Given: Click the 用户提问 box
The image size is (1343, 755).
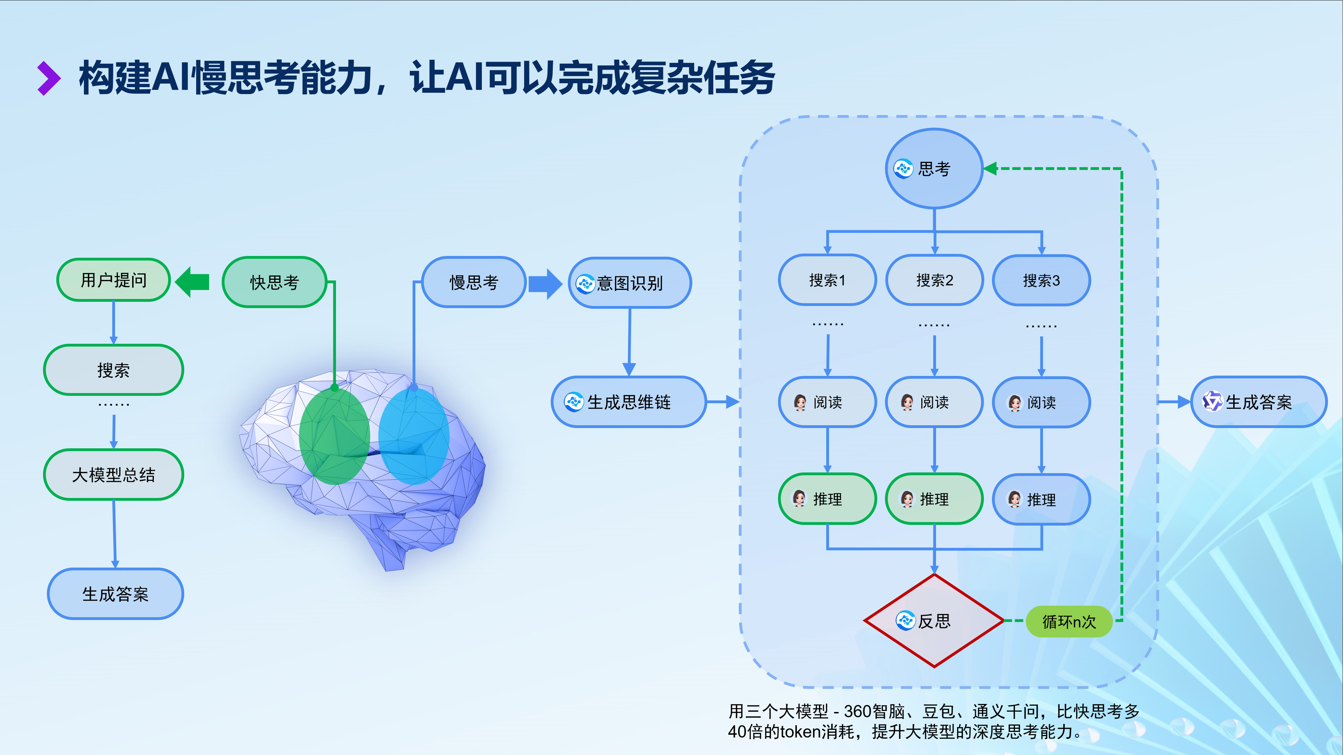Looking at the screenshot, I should pos(113,280).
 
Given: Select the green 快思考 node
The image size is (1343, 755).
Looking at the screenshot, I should pos(274,282).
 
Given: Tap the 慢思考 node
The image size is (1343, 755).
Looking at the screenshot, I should pos(473,282).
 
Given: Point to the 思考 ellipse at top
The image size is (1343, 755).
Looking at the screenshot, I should pos(934,169).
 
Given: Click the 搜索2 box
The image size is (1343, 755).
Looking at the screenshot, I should pos(934,280).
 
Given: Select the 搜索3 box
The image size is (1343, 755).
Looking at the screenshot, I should pos(1041,280).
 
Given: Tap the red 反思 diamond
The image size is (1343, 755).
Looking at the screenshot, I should pos(934,620).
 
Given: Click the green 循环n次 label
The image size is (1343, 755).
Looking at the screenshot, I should pos(1069,621).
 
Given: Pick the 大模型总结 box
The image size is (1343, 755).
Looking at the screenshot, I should pos(113,475).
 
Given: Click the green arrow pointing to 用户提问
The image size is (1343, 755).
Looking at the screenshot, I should pos(192,282).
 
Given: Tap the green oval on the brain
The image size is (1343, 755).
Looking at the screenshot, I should pos(334,436).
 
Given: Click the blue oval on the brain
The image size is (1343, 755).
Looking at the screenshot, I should pos(413,436).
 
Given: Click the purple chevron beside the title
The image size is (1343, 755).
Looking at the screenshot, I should pos(49,78).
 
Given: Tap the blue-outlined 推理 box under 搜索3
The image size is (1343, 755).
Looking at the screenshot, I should pos(1041,499).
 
